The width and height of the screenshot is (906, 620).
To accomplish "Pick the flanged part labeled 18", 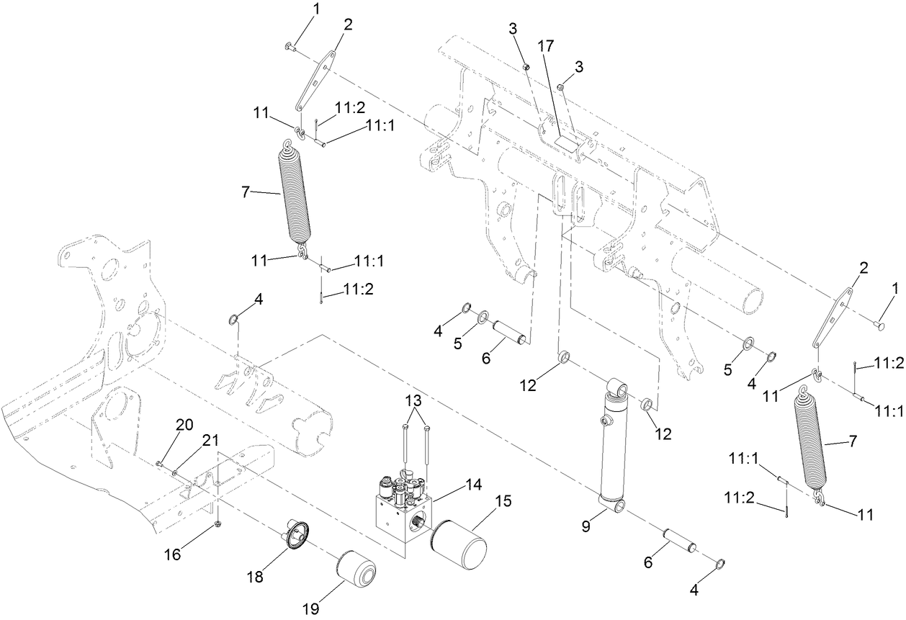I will pyautogui.click(x=292, y=536).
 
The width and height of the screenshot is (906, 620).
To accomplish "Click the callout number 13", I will pyautogui.click(x=414, y=402).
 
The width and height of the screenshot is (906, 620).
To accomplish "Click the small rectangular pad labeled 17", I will pyautogui.click(x=565, y=141).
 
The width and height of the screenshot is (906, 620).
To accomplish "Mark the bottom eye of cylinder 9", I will pyautogui.click(x=615, y=508).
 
